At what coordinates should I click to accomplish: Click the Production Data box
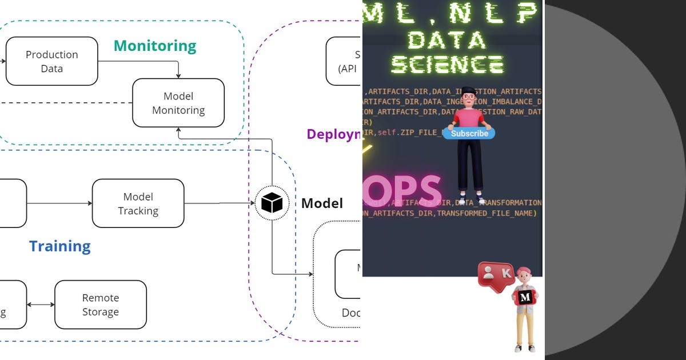tap(52, 61)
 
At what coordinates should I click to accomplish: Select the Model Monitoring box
tap(178, 103)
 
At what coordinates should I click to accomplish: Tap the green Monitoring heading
tap(155, 46)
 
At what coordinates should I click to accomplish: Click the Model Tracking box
tap(138, 203)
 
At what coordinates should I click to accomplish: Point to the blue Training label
tap(60, 246)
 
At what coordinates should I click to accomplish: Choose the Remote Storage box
tap(101, 305)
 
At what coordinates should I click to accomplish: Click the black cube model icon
tap(272, 203)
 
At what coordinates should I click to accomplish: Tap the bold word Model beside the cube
tap(322, 203)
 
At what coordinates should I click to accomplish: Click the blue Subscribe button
tap(469, 133)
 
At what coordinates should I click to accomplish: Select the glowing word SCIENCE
tap(447, 65)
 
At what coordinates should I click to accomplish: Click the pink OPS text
tap(403, 190)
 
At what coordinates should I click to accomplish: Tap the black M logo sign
tap(525, 297)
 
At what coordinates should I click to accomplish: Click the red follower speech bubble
tap(496, 273)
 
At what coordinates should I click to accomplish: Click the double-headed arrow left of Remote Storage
tap(41, 305)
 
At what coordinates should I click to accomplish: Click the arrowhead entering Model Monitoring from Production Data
tap(178, 75)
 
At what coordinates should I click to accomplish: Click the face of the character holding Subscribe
tap(469, 97)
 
